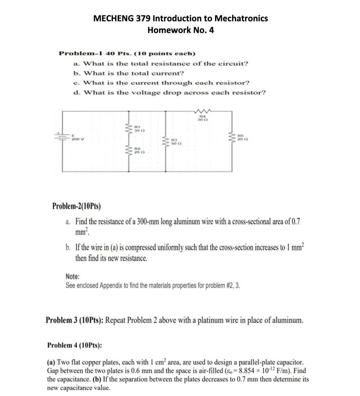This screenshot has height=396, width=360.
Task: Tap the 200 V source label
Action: [x=76, y=139]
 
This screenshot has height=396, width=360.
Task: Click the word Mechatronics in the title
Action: [x=241, y=19]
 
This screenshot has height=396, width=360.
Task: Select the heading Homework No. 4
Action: [x=181, y=30]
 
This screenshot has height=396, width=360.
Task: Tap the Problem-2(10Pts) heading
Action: [x=76, y=206]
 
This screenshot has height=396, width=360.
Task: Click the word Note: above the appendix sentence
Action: [x=72, y=276]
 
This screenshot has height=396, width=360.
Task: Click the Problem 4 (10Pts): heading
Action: [x=74, y=345]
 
